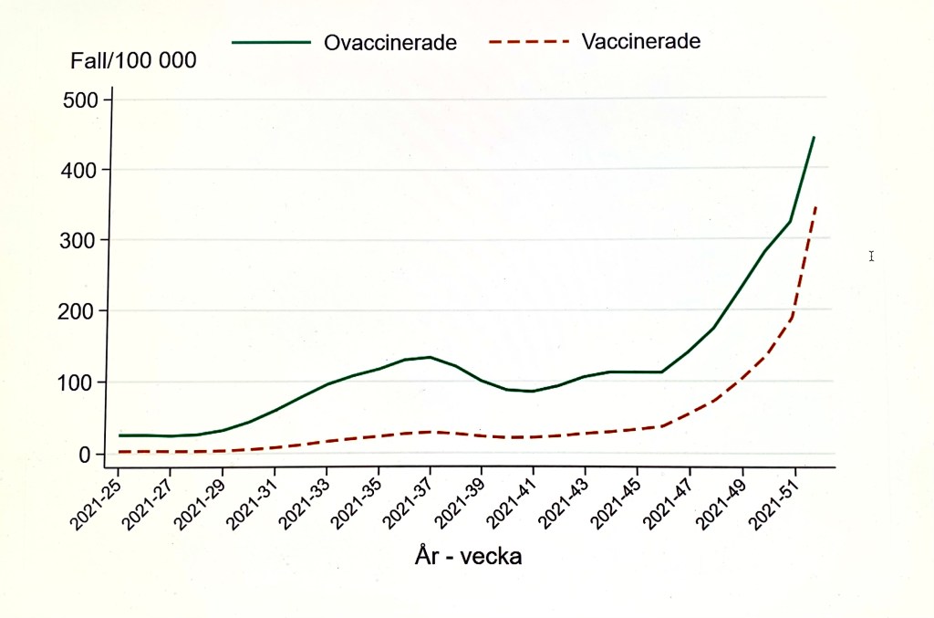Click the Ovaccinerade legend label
[390, 42]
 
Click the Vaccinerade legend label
[641, 41]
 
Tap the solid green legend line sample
[271, 42]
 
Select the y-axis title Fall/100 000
[134, 62]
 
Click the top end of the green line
[814, 137]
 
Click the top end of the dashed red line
[815, 207]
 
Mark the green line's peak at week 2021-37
[430, 357]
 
